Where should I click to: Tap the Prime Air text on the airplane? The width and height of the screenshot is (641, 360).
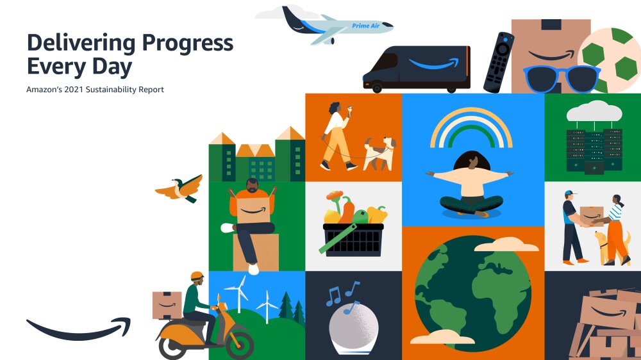[366, 26]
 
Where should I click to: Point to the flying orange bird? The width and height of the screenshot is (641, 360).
[179, 188]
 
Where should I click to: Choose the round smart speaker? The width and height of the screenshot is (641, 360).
[354, 327]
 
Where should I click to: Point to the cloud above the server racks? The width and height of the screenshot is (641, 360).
[594, 111]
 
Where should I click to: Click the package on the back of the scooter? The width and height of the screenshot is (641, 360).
[167, 305]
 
